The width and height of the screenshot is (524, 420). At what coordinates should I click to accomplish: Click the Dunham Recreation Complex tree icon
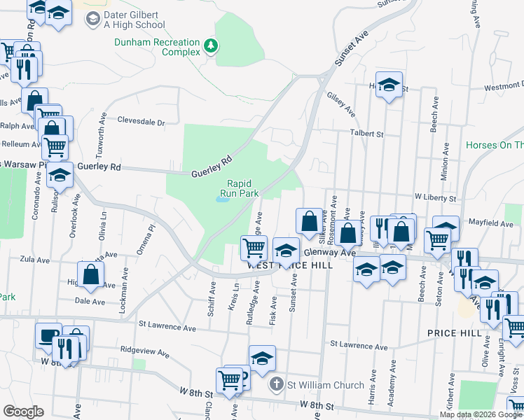[x=210, y=46]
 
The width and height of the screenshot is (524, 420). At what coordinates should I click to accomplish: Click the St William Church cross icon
[x=277, y=384]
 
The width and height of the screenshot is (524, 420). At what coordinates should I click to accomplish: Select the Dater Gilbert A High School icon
[x=92, y=19]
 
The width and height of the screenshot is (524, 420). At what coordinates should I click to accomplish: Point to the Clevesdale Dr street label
[x=141, y=121]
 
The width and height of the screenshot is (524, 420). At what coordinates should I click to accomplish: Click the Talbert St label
[x=368, y=133]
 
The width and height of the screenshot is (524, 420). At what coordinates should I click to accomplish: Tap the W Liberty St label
[x=435, y=198]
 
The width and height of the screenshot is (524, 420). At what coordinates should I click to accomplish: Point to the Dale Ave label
[x=90, y=301]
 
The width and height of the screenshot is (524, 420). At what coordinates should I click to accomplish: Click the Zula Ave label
[x=34, y=259]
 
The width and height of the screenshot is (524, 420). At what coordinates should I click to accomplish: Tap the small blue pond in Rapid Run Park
[x=222, y=199]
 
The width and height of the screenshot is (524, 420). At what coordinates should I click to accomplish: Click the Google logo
[x=23, y=412]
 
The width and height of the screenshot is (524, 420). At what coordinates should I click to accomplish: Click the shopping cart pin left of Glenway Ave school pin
[x=253, y=246]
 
